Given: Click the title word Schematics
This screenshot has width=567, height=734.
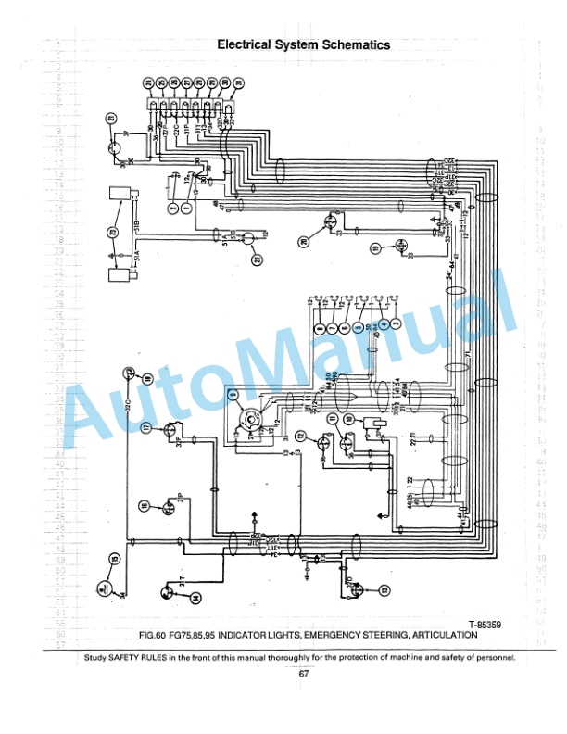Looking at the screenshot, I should [x=347, y=44].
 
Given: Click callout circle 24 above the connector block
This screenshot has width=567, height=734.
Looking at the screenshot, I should [x=149, y=83].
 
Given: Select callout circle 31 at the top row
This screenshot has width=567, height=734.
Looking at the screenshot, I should [x=239, y=83].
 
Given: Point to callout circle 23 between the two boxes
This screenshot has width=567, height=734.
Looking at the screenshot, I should [x=113, y=232].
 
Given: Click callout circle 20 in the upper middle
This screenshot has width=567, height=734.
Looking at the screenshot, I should [x=304, y=242].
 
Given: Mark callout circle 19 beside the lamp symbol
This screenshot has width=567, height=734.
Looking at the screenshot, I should [x=375, y=248].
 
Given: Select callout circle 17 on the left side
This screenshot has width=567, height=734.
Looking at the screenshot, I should [x=145, y=427].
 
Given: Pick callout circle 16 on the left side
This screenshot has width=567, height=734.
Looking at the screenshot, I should [x=145, y=505].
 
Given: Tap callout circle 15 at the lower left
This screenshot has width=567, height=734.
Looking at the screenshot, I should [x=114, y=559].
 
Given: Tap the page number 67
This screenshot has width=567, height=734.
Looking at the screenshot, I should [x=303, y=674].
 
